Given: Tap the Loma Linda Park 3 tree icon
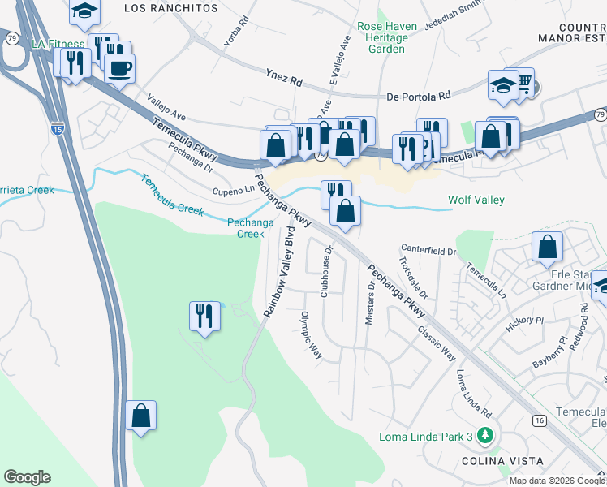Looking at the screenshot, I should point(487,437).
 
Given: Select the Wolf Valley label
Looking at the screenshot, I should point(476,200).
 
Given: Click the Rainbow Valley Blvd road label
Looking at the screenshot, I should point(278,271).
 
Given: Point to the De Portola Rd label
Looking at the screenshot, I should point(419,96).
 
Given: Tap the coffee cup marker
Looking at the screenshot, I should point(119,69).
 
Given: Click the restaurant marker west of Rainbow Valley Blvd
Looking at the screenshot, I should point(204,315).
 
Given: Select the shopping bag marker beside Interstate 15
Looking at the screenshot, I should point(141,416).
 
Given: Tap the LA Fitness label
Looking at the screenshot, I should point(58,44).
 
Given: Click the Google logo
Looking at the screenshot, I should point(27,477).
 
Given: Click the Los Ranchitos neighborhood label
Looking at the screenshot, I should point(172,7).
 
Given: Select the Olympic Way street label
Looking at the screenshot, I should point(312,336).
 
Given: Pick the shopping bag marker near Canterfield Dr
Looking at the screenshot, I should point(548,245).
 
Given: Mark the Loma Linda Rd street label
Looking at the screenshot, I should point(474,393).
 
